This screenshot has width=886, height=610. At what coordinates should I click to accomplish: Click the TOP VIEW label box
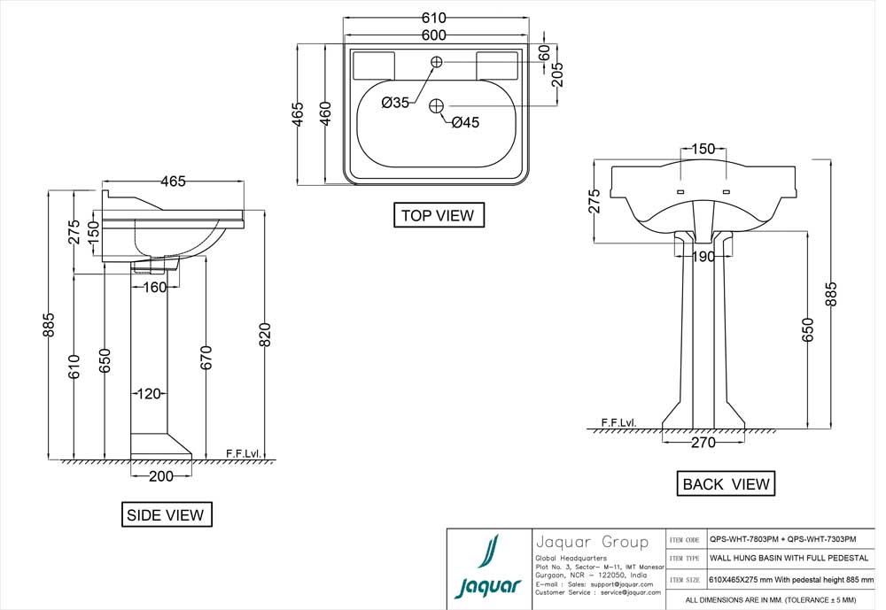[439, 215]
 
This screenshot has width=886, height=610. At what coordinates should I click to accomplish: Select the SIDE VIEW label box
[166, 514]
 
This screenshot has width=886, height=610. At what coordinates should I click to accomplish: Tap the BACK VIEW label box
[726, 484]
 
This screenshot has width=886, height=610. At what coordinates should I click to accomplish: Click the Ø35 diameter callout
[395, 103]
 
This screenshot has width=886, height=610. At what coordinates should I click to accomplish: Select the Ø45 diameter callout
[465, 123]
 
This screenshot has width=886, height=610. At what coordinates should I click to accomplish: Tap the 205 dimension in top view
[557, 77]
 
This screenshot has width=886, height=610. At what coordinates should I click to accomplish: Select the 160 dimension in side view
[154, 288]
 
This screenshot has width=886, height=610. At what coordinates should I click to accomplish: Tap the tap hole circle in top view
[437, 61]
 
